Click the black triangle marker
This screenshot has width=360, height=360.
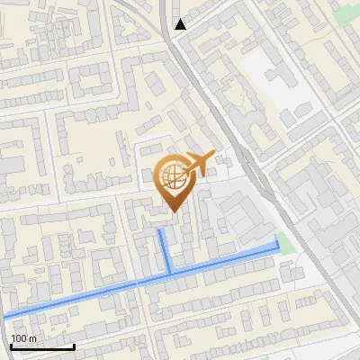click(180, 24)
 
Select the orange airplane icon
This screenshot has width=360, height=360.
click(197, 164)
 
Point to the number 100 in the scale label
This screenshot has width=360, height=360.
click(19, 338)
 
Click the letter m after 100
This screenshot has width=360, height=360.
click(31, 338)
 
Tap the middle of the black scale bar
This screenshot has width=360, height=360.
click(42, 346)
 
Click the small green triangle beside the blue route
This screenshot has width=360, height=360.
click(285, 242)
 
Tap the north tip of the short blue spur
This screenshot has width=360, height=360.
click(160, 230)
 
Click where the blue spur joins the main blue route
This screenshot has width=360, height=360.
click(169, 272)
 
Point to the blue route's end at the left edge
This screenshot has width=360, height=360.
click(4, 316)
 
